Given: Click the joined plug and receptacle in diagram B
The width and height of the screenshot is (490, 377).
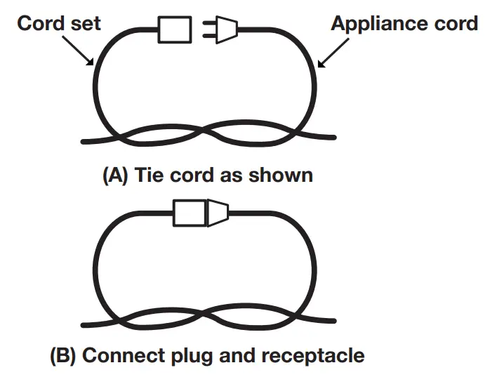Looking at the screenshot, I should tap(200, 212).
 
